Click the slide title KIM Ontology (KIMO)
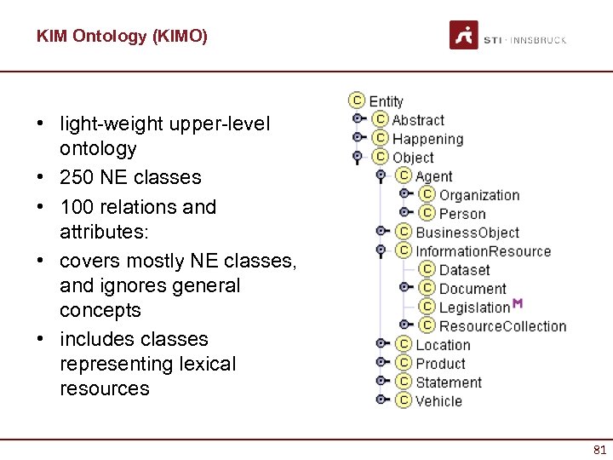(122, 37)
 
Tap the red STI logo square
(463, 36)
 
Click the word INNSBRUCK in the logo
(538, 40)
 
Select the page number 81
(599, 450)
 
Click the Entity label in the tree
(386, 101)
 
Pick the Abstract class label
(418, 120)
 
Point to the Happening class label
(427, 139)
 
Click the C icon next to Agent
(404, 176)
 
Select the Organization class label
(478, 195)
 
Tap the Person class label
(462, 214)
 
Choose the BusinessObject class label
(467, 233)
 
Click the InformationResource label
(483, 251)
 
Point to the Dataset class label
(464, 270)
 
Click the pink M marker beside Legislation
(518, 304)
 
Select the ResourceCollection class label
(502, 326)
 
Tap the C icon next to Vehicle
(404, 401)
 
